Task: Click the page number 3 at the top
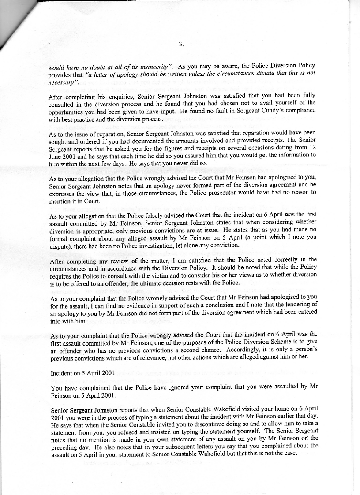point(181,44)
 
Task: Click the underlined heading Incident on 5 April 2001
point(83,373)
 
